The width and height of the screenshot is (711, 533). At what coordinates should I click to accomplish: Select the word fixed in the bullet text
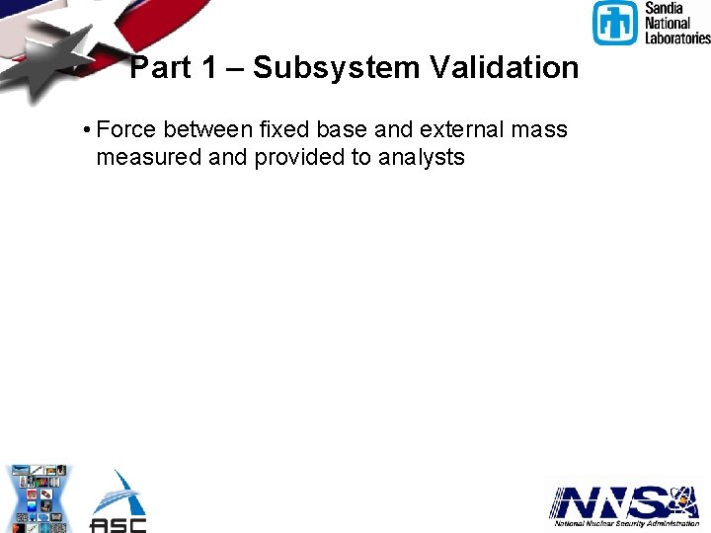coord(286,129)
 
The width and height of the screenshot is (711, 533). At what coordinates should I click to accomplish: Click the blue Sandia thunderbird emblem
coord(615,23)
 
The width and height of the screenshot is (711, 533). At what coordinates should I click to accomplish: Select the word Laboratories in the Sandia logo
coord(677,38)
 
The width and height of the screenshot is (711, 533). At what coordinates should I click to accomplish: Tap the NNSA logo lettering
coord(612,503)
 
